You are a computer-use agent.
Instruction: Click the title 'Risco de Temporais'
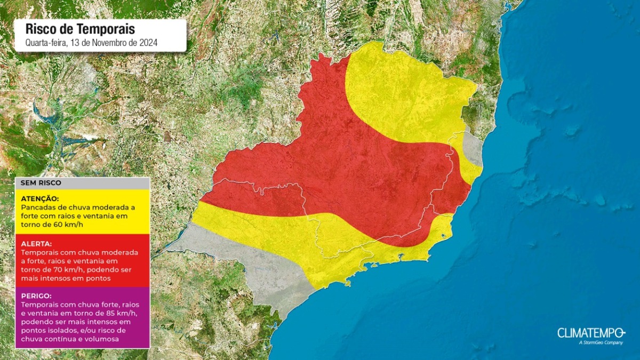pos(81,29)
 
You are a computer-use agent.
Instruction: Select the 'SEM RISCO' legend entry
pos(41,183)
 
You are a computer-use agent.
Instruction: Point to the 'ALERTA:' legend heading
pos(36,244)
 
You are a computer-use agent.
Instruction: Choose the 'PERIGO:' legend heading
pos(36,295)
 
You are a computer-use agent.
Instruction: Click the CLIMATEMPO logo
pos(590,333)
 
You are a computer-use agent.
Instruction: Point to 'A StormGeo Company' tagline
pos(600,343)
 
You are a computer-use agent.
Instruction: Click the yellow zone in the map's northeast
pos(405,91)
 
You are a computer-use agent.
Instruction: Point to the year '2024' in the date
pos(149,43)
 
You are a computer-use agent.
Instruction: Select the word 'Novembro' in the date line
pos(107,43)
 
